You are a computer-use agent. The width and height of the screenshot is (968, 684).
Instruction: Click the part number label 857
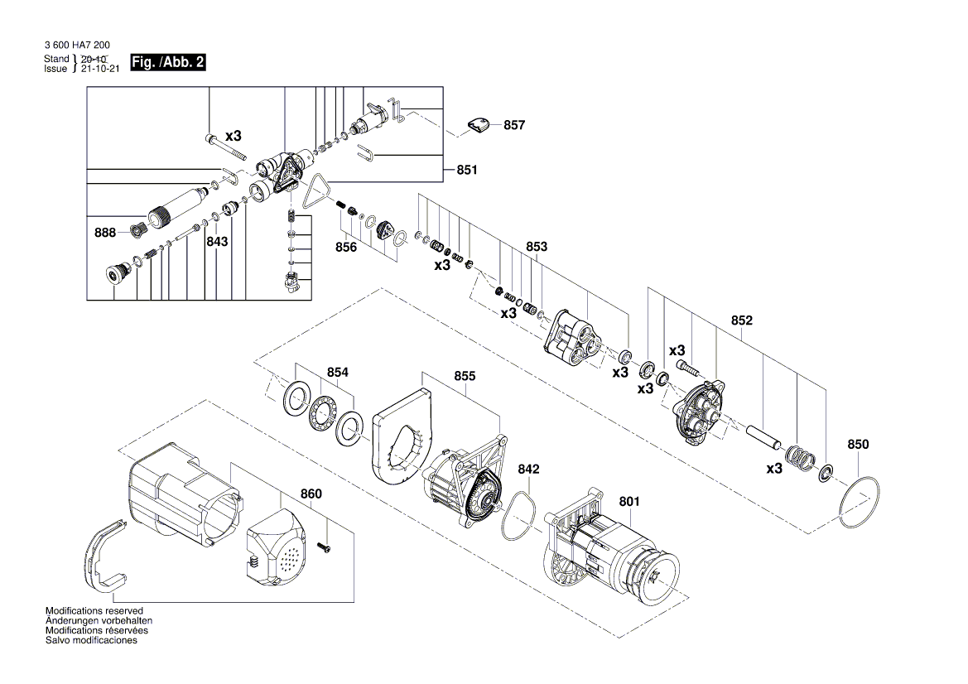coord(514,125)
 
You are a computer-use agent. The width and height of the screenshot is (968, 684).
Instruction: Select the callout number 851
coord(467,170)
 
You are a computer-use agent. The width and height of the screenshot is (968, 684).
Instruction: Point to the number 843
coord(217,242)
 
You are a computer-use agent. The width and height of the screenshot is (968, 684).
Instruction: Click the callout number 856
coord(346,247)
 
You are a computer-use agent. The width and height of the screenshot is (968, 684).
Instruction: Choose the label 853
coord(537,247)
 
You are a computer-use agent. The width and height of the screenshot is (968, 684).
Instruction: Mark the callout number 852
coord(741,320)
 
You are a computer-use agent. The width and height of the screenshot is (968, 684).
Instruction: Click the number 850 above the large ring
coord(858,445)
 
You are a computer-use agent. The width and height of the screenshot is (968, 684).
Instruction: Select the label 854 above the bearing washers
coord(337,373)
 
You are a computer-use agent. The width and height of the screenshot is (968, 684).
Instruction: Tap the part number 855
coord(465,375)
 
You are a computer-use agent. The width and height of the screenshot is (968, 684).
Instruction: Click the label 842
coord(528,469)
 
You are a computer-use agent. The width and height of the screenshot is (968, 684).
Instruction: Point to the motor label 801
coord(629,501)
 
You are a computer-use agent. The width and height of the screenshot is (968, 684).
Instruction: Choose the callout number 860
coord(311,494)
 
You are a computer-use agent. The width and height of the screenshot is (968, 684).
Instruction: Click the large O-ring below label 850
coord(859,501)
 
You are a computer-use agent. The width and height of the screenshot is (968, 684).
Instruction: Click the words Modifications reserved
coord(94,610)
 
